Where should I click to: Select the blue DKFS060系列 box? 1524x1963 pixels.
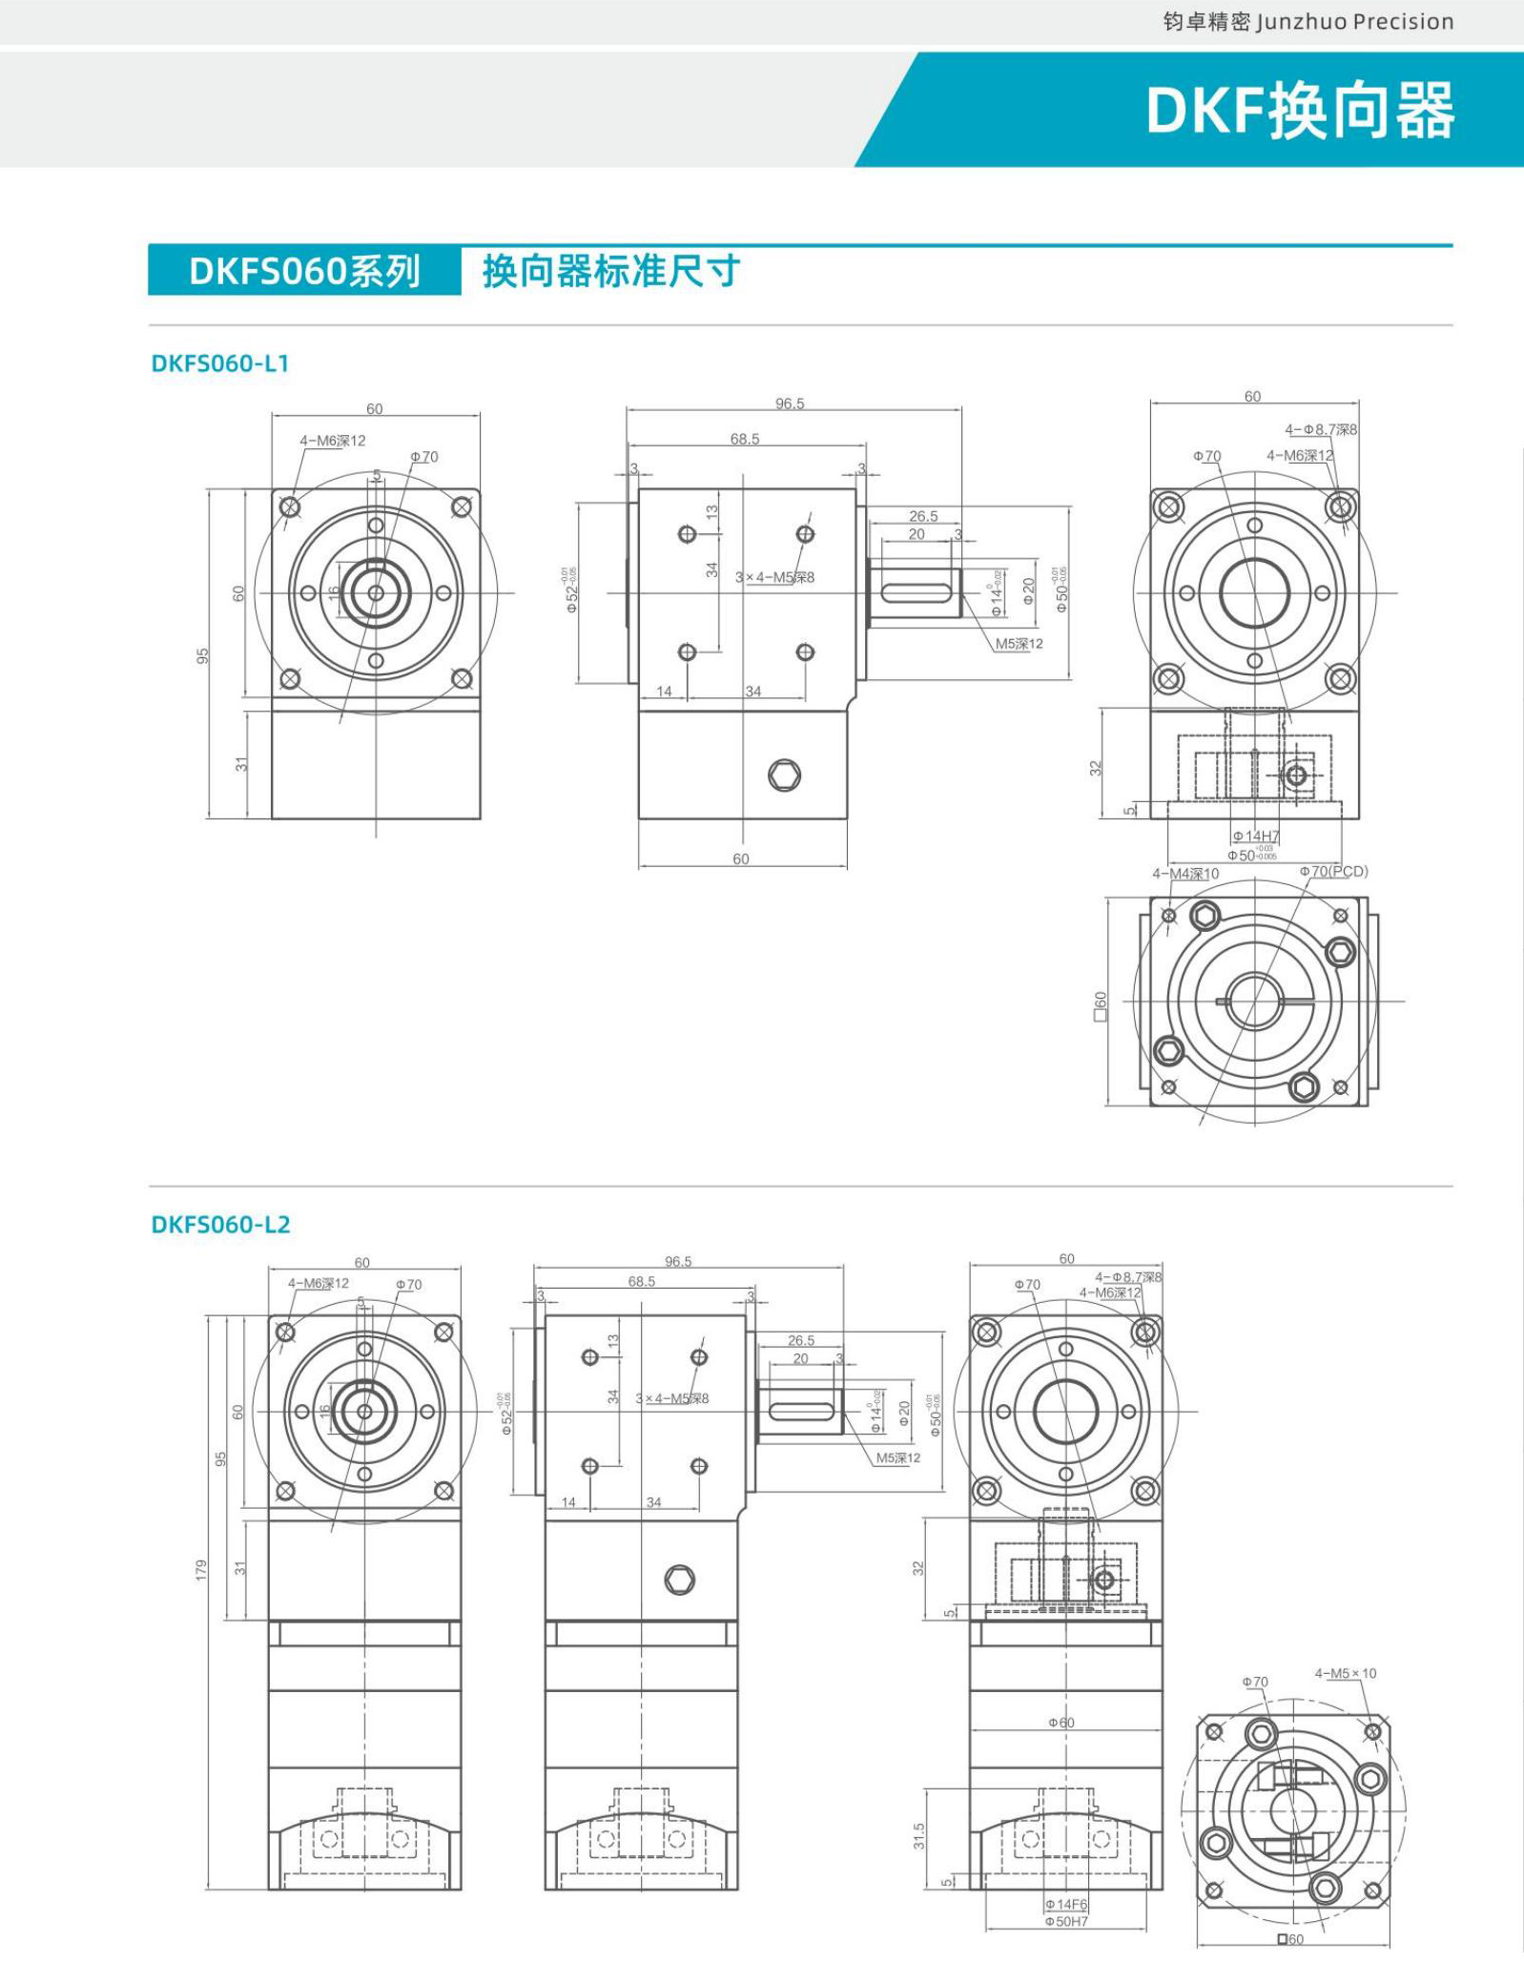304,272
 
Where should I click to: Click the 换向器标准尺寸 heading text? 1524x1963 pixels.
610,272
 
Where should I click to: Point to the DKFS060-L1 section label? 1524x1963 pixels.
219,363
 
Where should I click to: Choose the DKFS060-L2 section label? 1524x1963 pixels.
220,1224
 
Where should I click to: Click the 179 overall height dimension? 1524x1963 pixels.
201,1569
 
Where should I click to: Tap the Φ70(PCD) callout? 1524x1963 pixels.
1332,871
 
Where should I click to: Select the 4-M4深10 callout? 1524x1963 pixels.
1184,874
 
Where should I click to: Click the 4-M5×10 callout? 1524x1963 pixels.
1345,1673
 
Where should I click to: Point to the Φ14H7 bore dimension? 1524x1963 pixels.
1255,837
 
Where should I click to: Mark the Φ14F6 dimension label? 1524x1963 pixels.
1065,1905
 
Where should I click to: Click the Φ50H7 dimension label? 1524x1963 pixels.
1065,1921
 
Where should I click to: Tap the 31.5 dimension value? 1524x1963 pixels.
919,1836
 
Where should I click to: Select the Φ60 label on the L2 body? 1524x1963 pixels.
1061,1723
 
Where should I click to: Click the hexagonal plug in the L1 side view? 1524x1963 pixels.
784,775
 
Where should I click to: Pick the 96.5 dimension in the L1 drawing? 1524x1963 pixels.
790,403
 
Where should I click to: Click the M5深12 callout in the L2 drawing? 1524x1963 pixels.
897,1457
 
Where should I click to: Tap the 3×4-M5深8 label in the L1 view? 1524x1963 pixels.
774,577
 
